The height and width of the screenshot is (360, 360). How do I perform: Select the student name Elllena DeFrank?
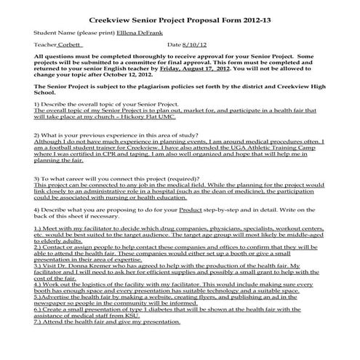[140, 33]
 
